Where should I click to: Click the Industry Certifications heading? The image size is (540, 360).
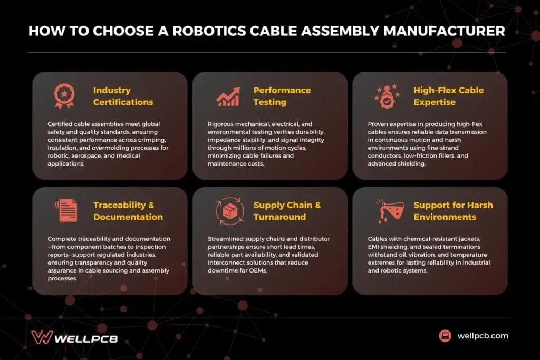point(123,96)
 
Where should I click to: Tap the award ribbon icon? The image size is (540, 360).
point(64,96)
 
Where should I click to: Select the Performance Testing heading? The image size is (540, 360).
point(282,96)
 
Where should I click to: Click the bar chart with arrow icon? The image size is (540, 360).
point(228,96)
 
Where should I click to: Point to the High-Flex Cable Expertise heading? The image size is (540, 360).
point(448,96)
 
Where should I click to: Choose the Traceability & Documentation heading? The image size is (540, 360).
point(128,211)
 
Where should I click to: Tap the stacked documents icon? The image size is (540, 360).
point(65,211)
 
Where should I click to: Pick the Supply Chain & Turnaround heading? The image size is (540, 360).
point(287,211)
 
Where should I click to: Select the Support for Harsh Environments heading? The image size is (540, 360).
point(453,211)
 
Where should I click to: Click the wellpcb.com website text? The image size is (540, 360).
point(483,335)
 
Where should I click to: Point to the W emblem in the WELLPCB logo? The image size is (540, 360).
point(41,337)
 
